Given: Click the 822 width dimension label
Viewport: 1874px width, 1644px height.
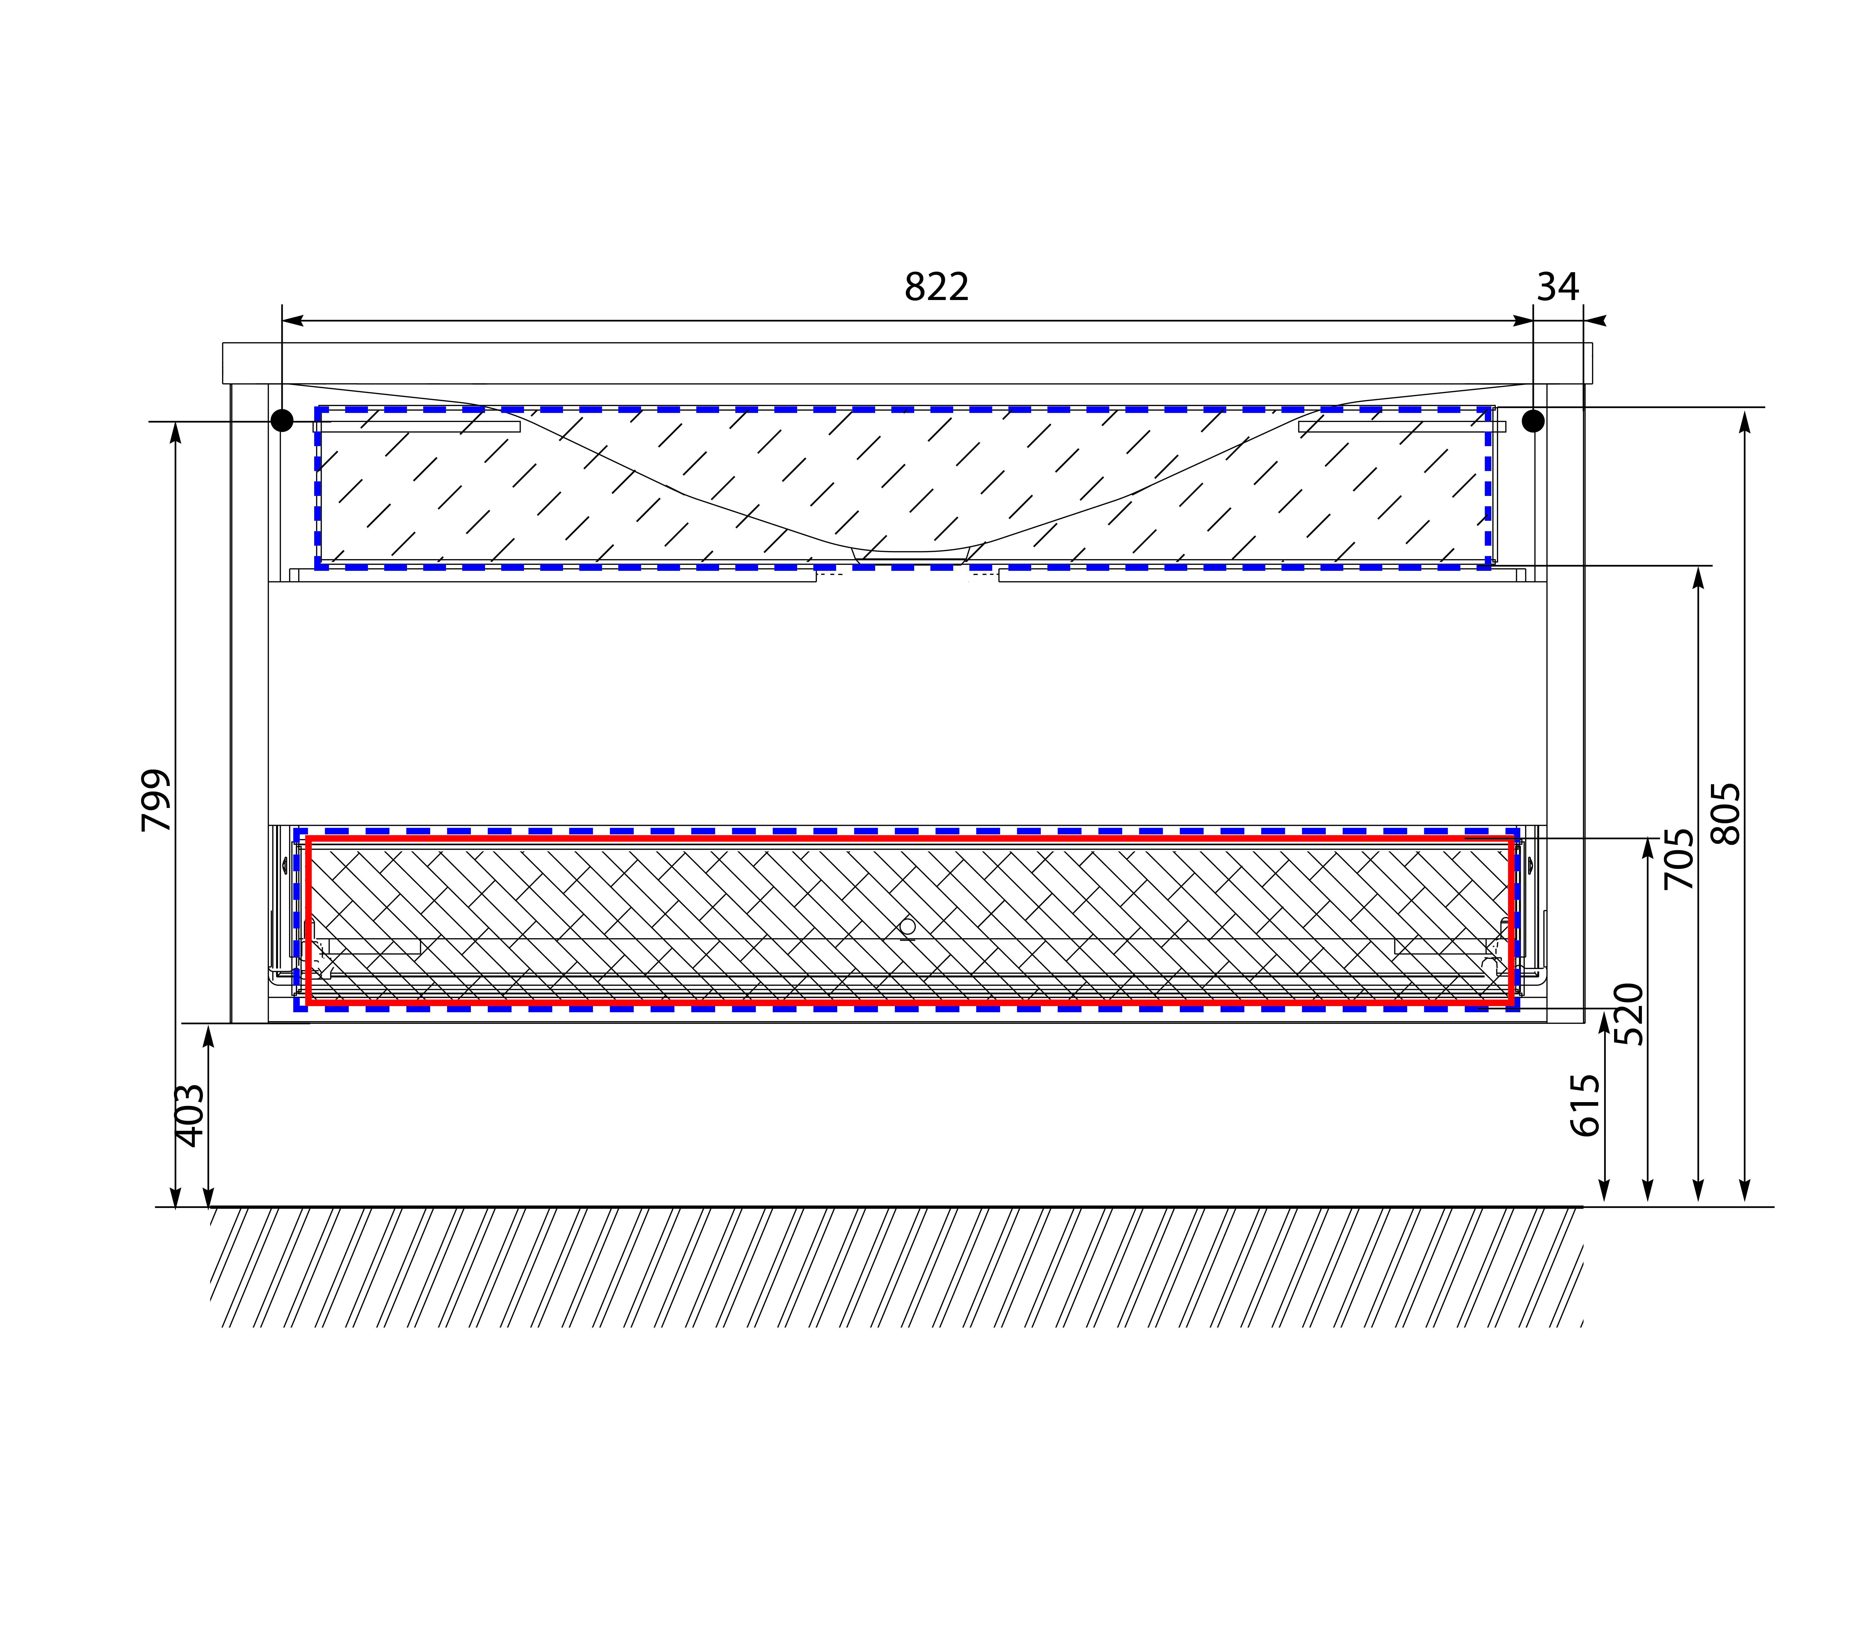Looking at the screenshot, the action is click(936, 287).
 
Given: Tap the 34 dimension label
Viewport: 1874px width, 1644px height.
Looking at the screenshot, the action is click(1558, 287).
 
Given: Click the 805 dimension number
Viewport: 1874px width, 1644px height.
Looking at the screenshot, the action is click(1725, 813).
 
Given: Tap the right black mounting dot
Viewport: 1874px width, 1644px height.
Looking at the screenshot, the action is click(1533, 421).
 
